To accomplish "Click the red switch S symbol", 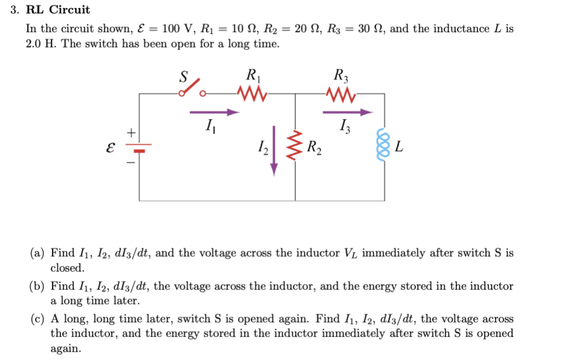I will (193, 89).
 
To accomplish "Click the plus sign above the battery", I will (129, 131).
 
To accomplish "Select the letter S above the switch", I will (184, 77).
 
